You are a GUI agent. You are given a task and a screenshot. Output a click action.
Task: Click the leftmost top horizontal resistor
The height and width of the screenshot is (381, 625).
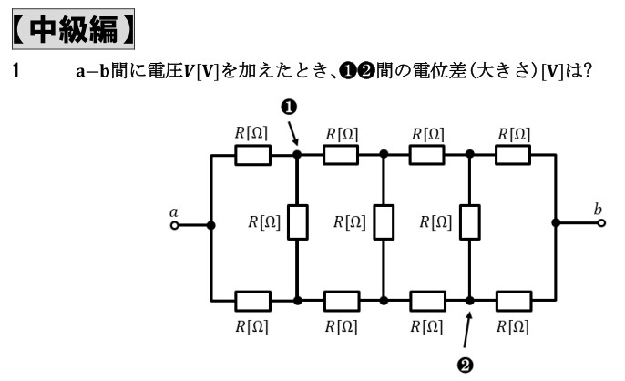[x=254, y=155]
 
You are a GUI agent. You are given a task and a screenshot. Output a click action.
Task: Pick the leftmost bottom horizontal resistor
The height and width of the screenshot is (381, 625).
[x=254, y=300]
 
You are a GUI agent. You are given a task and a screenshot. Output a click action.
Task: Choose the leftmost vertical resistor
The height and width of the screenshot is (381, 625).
[x=297, y=222]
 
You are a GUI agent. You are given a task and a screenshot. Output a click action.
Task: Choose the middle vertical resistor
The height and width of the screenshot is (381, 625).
[x=383, y=222]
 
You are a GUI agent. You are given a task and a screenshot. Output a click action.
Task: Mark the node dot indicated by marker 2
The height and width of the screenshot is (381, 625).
[x=468, y=300]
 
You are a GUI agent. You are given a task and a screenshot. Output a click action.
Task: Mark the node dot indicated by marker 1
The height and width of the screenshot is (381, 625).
[x=297, y=155]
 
